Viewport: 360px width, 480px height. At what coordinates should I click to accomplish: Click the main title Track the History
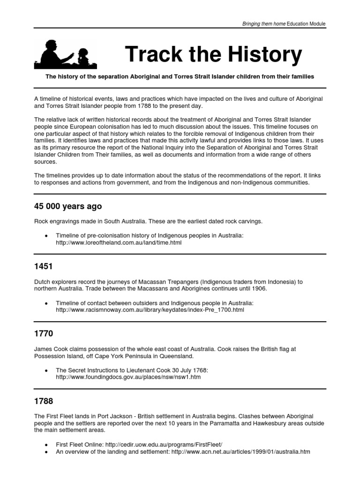click(x=213, y=55)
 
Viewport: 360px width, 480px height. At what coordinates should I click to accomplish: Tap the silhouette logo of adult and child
click(x=66, y=54)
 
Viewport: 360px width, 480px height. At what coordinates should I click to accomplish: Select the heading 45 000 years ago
click(x=67, y=207)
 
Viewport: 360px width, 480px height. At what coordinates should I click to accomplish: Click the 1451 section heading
click(x=44, y=266)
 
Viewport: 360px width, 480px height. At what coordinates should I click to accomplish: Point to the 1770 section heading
click(x=44, y=334)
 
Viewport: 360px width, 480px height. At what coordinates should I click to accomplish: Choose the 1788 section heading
click(x=44, y=402)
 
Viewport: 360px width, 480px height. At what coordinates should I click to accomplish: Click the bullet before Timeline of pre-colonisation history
click(x=45, y=236)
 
